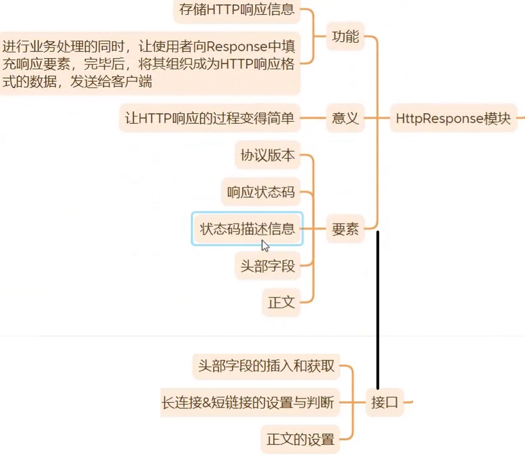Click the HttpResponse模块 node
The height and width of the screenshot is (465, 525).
[x=453, y=118]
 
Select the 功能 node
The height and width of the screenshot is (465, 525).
[x=346, y=37]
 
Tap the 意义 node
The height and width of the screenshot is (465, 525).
[x=345, y=118]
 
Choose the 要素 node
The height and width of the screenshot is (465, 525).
[x=345, y=228]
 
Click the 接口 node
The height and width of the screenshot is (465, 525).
[x=385, y=402]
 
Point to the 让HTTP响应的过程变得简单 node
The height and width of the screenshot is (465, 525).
[x=210, y=118]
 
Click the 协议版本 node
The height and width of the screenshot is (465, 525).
[x=267, y=155]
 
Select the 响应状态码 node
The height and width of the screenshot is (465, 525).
[x=261, y=192]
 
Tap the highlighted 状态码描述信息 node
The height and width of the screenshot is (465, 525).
[x=247, y=228]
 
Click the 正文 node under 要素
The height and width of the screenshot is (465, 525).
[x=281, y=302]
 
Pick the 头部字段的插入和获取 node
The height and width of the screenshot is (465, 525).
[x=266, y=365]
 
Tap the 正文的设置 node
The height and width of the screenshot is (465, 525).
[x=300, y=439]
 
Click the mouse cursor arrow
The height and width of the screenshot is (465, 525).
[x=265, y=245]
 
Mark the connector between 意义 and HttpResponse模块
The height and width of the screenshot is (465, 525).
[x=377, y=118]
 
